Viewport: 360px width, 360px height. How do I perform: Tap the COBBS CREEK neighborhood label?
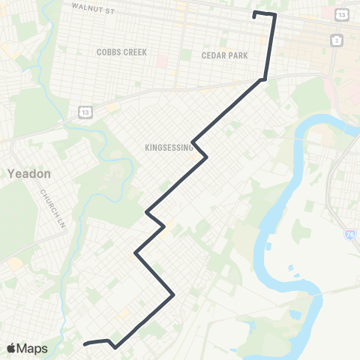point(121,52)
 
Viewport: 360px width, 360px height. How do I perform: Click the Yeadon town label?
point(28,173)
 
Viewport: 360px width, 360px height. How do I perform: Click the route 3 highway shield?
point(337,39)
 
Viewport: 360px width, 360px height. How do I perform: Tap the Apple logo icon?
point(12,348)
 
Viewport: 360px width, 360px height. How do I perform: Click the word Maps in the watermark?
point(33,348)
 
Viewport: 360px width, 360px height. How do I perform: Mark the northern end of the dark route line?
point(255,13)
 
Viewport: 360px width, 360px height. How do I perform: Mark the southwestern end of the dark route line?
point(84,344)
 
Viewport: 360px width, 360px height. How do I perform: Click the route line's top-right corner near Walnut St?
point(274,16)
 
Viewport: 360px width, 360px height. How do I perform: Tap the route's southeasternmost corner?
point(174,295)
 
